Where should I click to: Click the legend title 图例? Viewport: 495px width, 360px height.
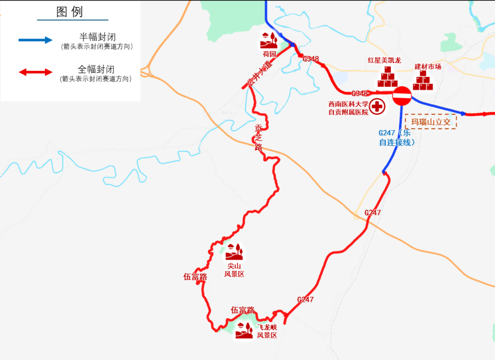[70, 12]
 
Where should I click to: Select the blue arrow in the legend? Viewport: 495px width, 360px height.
[36, 40]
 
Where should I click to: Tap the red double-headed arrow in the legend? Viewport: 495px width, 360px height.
[36, 72]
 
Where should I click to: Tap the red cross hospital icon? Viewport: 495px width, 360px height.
[377, 107]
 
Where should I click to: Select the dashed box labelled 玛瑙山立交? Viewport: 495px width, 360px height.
[431, 122]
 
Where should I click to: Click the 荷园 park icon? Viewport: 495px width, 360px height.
[269, 40]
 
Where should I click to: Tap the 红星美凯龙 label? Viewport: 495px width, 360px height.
[384, 60]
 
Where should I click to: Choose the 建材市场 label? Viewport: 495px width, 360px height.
[428, 66]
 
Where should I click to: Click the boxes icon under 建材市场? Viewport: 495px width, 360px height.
[423, 82]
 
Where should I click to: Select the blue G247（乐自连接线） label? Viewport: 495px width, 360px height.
[396, 137]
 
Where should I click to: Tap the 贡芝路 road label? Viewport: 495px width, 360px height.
[258, 137]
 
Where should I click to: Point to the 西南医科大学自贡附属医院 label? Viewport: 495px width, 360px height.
[348, 108]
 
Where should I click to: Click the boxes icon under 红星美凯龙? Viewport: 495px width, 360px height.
[387, 77]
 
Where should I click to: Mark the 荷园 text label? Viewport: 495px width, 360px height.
[269, 54]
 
